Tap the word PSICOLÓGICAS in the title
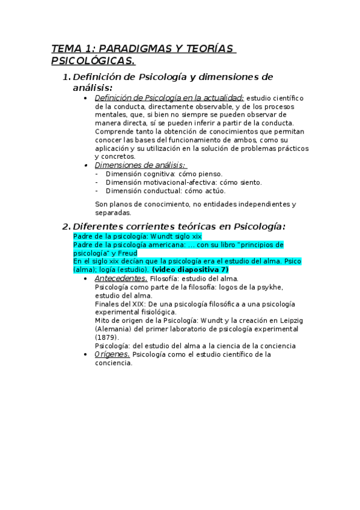(93, 61)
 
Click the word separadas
(113, 212)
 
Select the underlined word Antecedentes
(121, 278)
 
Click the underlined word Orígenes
(112, 354)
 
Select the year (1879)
(107, 337)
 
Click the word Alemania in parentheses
(112, 329)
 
